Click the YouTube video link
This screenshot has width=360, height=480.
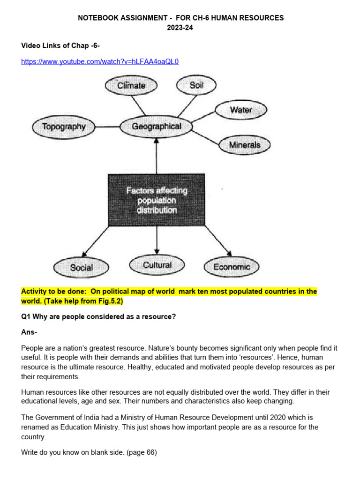100,61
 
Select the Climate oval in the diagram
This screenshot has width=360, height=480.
131,85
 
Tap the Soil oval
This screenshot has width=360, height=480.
196,85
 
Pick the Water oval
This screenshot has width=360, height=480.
241,110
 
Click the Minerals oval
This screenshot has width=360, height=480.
245,145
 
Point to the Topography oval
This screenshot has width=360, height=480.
64,127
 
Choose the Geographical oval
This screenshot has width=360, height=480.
157,126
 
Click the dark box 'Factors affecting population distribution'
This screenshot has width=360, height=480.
157,200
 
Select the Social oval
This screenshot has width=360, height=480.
82,268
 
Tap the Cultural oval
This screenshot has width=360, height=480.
157,265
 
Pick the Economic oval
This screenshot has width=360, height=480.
232,267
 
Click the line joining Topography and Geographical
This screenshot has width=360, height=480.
106,127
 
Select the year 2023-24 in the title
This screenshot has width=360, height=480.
180,28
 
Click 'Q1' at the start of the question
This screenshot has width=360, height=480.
26,317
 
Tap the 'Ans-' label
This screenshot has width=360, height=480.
29,332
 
